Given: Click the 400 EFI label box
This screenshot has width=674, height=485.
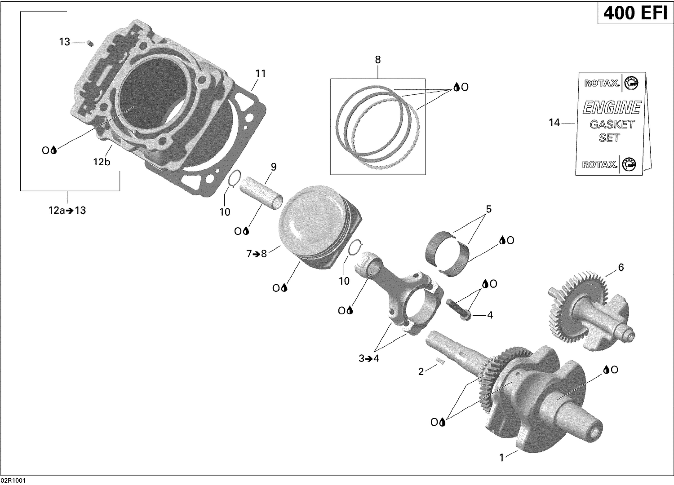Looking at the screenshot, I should pos(635,13).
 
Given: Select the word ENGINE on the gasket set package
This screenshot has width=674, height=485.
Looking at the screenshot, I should pos(612,108).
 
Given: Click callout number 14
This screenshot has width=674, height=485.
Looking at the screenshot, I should pos(554,122).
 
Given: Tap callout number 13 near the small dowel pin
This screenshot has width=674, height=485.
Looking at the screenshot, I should pos(65,42).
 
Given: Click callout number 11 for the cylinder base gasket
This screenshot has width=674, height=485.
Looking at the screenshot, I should pos(261,74).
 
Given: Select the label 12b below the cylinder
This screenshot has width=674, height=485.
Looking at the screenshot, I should pos(102,162).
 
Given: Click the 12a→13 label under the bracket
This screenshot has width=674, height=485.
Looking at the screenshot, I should pos(67,210).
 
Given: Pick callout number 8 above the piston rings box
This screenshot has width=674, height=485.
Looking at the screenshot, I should pos(377,59).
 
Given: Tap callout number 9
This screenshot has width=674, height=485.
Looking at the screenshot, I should pos(273,167).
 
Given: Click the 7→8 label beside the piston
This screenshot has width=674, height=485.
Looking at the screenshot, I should pos(257,254).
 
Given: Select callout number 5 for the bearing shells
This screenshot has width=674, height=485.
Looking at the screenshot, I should pos(488,209).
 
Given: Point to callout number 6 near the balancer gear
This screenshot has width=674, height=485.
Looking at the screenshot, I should pos(621,268).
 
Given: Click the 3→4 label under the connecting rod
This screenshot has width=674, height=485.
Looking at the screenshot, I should pos(369,358).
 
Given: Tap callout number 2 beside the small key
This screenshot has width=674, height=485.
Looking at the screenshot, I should pos(421,371).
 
